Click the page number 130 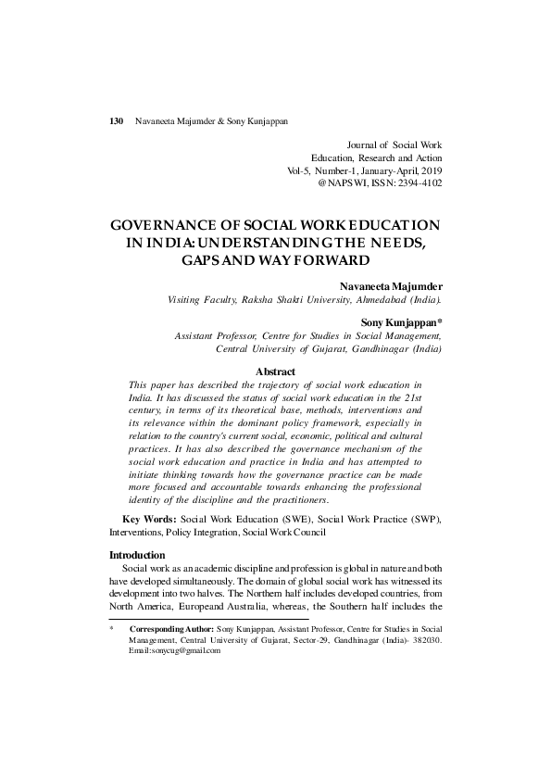click(x=117, y=121)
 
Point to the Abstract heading click(x=275, y=371)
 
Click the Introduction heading click(x=137, y=555)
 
